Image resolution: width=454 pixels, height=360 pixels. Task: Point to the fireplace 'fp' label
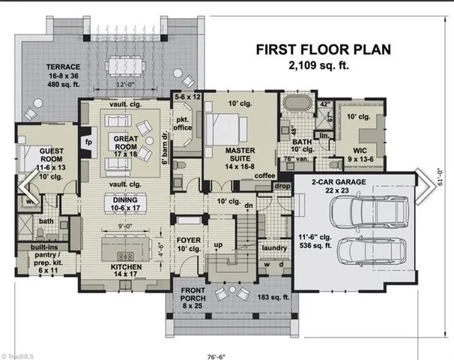tap(88, 141)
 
